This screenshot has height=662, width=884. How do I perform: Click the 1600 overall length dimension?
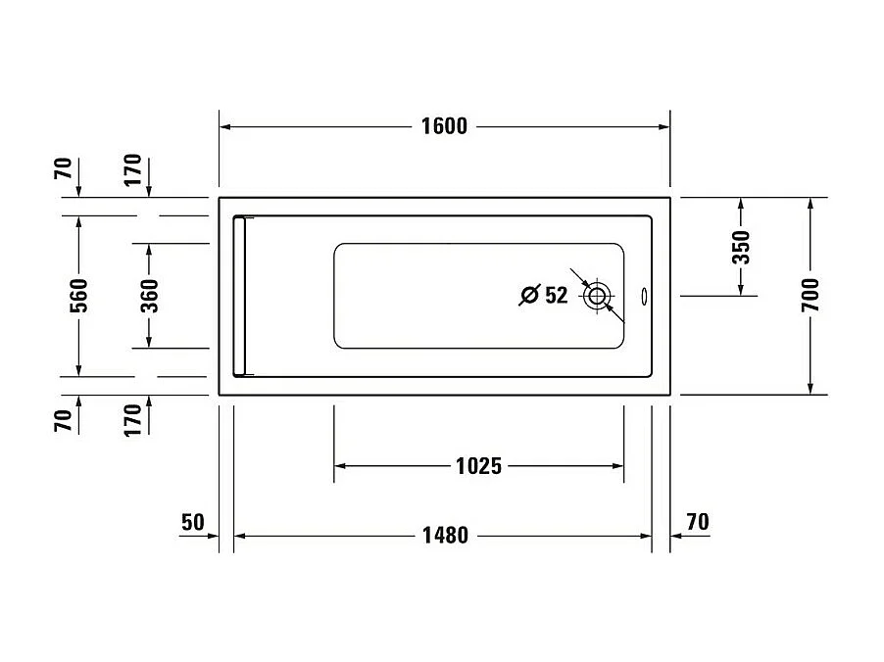click(x=444, y=126)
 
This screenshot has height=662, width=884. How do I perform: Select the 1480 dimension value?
click(x=445, y=535)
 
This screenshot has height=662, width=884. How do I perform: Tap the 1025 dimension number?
click(x=478, y=466)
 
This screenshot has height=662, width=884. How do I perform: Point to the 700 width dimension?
click(x=810, y=295)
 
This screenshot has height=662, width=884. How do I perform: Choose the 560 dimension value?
click(x=79, y=296)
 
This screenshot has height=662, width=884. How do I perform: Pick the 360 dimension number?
click(x=149, y=296)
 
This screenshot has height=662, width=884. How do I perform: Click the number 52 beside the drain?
click(x=556, y=295)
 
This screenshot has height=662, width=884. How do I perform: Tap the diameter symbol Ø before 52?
click(x=528, y=295)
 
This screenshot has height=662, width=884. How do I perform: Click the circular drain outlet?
click(x=597, y=295)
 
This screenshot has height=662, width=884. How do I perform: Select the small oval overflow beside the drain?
click(x=644, y=295)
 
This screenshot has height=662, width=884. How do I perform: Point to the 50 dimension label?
click(x=192, y=521)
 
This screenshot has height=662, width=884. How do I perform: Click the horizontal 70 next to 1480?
click(x=697, y=521)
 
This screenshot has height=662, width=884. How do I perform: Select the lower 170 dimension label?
click(x=133, y=417)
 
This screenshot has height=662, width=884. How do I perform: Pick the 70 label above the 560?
click(x=64, y=168)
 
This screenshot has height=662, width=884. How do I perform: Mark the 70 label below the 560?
click(x=64, y=421)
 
